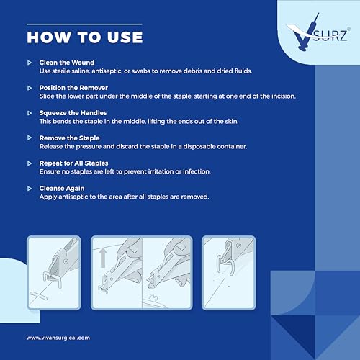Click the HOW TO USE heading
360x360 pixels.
[x=85, y=37]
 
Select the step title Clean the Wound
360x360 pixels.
[x=67, y=63]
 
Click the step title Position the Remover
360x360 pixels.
[x=73, y=88]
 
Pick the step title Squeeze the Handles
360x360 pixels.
[x=73, y=113]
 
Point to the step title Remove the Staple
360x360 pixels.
[x=69, y=138]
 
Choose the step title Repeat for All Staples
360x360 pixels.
[x=73, y=163]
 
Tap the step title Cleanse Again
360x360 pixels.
[x=62, y=189]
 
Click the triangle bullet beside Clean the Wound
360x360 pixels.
[x=30, y=63]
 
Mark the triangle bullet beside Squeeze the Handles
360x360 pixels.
[x=30, y=113]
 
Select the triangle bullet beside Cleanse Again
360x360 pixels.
[x=30, y=189]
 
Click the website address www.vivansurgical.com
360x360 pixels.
[x=58, y=338]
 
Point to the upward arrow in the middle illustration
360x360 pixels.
[x=103, y=258]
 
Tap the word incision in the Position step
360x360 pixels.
[x=284, y=96]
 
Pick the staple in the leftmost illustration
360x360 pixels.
[x=53, y=279]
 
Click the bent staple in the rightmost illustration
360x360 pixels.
[x=225, y=265]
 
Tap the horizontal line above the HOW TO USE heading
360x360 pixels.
[x=84, y=24]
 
